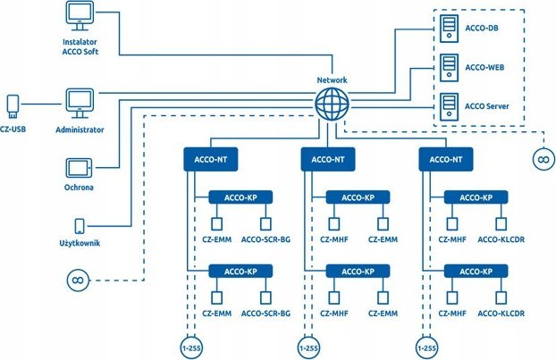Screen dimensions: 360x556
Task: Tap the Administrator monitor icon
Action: pyautogui.click(x=80, y=101)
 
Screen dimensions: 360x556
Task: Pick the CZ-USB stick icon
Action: pyautogui.click(x=13, y=105)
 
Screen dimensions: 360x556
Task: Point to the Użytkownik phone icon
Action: pyautogui.click(x=80, y=226)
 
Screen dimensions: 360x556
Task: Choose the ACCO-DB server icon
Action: pyautogui.click(x=449, y=29)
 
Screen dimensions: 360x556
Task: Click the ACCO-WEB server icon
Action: pyautogui.click(x=449, y=67)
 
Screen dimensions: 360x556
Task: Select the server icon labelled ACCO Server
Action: pyautogui.click(x=449, y=105)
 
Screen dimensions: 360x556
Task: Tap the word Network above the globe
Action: pyautogui.click(x=333, y=80)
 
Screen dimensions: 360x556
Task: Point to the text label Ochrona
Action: pyautogui.click(x=80, y=188)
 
